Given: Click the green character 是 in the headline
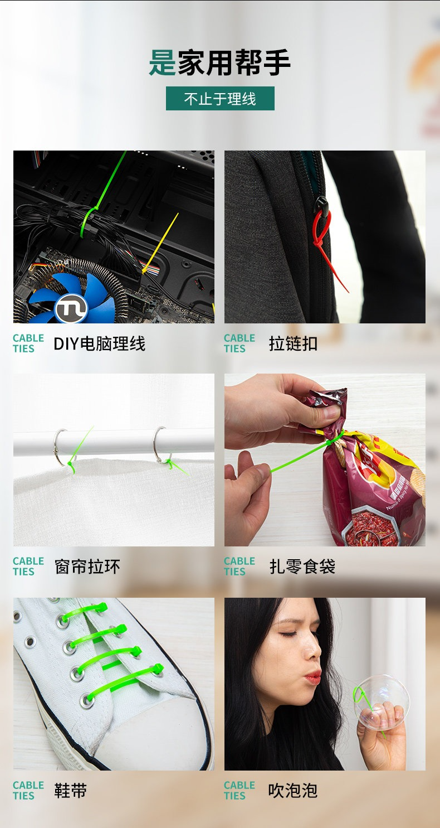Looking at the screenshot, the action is coord(163,62).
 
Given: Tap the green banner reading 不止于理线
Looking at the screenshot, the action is coord(220,98).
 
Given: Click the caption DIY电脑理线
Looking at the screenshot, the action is coord(99,344).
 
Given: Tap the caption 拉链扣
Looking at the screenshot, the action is coord(293,344).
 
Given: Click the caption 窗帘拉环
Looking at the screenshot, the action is coord(87,566).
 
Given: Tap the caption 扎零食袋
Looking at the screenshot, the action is coord(302,566).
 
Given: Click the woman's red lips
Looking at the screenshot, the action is coord(313,677).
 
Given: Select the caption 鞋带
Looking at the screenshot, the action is coord(71,791).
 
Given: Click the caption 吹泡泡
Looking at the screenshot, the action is coord(293,791).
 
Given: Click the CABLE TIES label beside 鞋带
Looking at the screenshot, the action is coord(28,790).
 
